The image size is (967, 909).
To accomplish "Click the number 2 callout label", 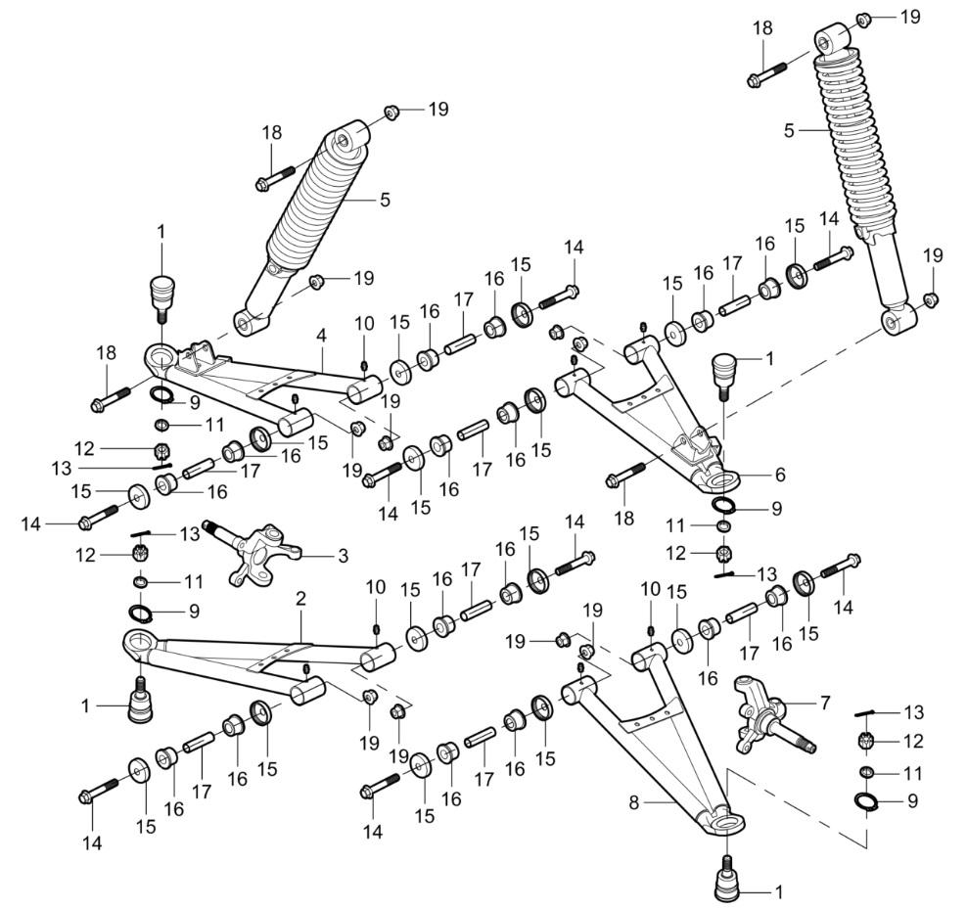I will click(300, 597).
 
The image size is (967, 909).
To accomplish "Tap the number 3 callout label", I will click(342, 556).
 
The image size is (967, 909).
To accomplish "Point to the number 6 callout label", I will click(779, 474).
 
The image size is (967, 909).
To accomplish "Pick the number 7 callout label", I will click(824, 702).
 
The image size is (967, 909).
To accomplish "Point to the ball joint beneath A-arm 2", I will click(140, 697).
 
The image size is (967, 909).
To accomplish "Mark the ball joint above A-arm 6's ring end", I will click(725, 371).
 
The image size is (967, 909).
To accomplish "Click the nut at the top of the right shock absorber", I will click(864, 19).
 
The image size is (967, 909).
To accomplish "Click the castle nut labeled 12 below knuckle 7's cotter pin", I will click(865, 741).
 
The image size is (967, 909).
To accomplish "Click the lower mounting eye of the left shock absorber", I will click(245, 319).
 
